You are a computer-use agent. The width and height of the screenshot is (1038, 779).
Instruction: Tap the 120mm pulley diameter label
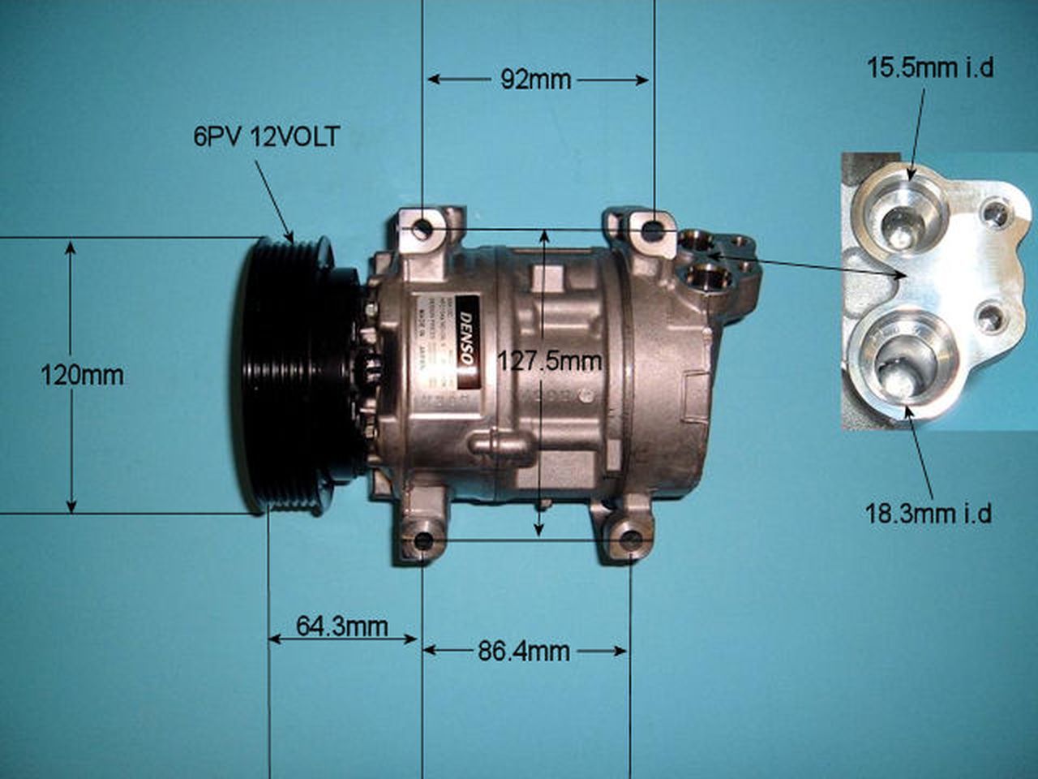tap(83, 375)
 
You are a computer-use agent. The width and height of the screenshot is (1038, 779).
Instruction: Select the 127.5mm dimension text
tap(550, 360)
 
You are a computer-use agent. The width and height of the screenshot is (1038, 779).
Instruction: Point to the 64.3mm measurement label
tap(341, 626)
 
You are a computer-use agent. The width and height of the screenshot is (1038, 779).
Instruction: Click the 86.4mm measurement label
tap(523, 651)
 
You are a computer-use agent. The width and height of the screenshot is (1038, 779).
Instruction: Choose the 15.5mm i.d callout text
tap(930, 67)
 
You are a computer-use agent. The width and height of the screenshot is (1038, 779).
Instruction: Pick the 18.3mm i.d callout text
tap(929, 513)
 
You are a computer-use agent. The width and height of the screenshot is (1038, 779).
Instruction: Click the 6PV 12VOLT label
tap(266, 136)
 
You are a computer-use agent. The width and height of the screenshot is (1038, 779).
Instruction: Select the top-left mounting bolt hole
tap(421, 229)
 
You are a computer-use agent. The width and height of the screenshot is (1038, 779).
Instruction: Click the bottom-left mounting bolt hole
tap(422, 541)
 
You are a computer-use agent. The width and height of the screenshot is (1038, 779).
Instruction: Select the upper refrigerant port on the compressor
tap(696, 241)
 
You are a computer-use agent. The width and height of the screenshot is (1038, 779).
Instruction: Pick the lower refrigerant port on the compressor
tap(707, 276)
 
